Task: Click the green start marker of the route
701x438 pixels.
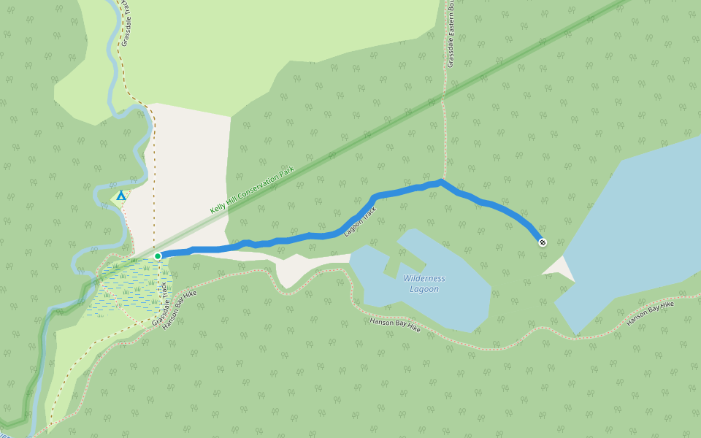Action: (158, 256)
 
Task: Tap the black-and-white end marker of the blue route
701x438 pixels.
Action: (542, 242)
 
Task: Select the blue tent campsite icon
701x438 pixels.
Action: (121, 196)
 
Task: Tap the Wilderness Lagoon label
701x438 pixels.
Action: (424, 283)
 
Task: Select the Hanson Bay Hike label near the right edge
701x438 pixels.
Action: (650, 313)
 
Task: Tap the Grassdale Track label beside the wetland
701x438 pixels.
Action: (160, 304)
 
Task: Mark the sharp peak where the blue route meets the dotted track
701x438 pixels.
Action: (441, 180)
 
